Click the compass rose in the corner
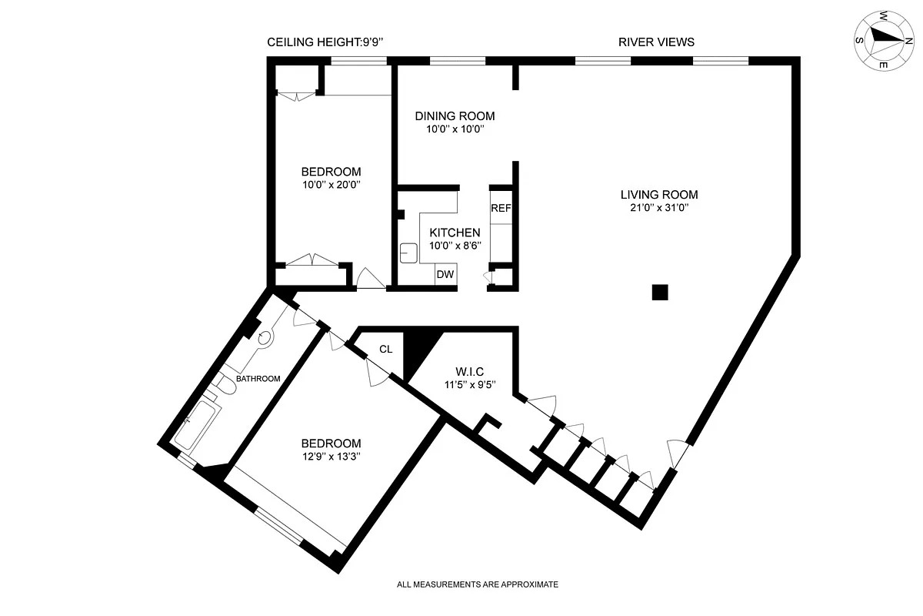coord(885,41)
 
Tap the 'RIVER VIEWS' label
coord(656,42)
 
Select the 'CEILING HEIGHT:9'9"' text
coord(325,42)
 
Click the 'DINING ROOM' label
coord(455,116)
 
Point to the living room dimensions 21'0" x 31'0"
coord(659,208)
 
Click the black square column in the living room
coord(660,292)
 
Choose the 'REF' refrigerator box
coord(501,208)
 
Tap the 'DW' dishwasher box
coord(445,274)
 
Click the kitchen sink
coord(408,253)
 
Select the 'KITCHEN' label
coord(455,233)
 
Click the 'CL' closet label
coord(385,349)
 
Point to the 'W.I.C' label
coord(470,371)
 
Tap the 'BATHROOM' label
coord(258,378)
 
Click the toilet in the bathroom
coord(225,384)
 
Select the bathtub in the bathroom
coord(198,424)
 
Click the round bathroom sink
coord(265,338)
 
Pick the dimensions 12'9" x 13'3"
coord(332,457)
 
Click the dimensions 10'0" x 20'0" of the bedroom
coord(332,185)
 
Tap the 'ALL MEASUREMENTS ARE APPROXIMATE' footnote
coord(477,584)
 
